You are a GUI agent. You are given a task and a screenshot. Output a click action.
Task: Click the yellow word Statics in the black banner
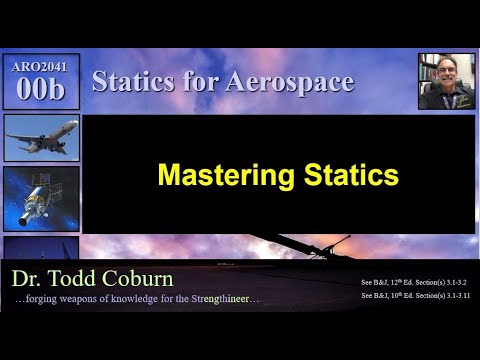coord(344,176)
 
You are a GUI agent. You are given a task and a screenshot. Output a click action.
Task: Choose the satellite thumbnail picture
coord(41,199)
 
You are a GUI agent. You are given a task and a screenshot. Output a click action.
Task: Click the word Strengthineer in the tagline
coord(225,300)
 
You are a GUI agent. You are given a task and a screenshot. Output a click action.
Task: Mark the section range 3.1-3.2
coord(453,282)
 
